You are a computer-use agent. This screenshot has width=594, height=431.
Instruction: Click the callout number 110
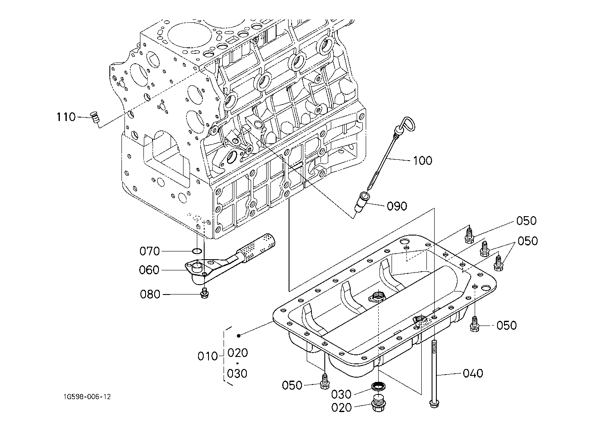66,117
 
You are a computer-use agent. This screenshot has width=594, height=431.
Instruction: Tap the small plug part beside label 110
95,117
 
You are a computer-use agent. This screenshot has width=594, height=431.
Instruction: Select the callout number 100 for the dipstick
422,161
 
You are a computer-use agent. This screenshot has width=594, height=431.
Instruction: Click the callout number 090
397,206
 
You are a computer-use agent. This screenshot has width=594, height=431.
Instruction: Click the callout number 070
149,251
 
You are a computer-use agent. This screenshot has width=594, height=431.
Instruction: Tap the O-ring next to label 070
197,251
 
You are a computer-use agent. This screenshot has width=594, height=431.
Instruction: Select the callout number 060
149,270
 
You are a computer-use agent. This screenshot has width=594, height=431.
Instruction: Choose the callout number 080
150,295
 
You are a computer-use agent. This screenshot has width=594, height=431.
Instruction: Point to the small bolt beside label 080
205,294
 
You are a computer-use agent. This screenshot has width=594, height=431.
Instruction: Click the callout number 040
473,373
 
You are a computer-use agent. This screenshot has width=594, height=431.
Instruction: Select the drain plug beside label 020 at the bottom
378,404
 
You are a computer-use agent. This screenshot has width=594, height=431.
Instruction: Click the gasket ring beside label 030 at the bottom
378,386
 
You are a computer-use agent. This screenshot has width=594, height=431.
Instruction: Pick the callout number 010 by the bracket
208,357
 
